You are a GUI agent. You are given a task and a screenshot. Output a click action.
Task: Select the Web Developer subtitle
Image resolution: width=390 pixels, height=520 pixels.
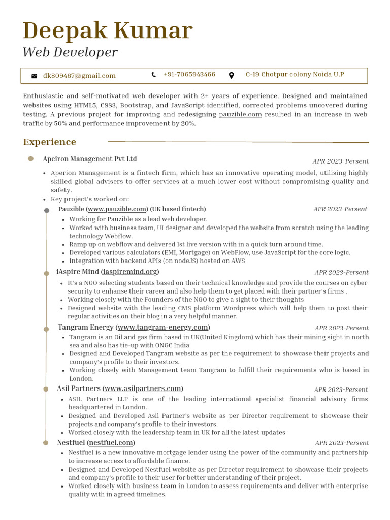70,52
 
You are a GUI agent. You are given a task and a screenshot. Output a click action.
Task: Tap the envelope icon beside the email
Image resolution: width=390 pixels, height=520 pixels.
34,76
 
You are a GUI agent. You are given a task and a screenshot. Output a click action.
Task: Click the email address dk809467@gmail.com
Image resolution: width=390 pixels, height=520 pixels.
79,76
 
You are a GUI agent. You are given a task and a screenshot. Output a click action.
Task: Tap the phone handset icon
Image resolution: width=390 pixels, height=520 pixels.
154,75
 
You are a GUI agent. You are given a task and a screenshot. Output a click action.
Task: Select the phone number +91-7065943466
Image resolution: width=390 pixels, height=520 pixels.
189,75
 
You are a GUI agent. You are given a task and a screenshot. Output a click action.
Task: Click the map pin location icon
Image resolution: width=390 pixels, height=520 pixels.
232,75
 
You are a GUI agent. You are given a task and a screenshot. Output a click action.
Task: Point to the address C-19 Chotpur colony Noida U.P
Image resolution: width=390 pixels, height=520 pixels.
295,75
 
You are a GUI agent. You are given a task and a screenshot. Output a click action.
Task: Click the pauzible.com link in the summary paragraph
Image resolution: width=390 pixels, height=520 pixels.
240,115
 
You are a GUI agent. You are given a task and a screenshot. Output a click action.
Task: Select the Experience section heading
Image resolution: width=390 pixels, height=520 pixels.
50,142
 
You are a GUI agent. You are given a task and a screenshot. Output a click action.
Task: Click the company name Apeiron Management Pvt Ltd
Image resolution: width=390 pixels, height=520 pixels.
90,159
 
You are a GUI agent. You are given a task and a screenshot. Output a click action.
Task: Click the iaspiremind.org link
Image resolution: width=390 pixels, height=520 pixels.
131,272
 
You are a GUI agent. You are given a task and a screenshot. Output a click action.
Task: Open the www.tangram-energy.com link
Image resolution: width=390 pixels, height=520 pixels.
162,327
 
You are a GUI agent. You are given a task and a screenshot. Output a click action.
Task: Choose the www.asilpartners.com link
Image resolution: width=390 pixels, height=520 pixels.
143,388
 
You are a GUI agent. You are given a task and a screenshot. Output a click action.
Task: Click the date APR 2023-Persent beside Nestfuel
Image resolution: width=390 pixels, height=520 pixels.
342,443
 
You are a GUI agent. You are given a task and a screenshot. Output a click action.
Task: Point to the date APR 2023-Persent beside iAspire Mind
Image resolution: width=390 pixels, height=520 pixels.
341,273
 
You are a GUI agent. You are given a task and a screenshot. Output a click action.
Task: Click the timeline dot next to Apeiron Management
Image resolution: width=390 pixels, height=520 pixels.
31,159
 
